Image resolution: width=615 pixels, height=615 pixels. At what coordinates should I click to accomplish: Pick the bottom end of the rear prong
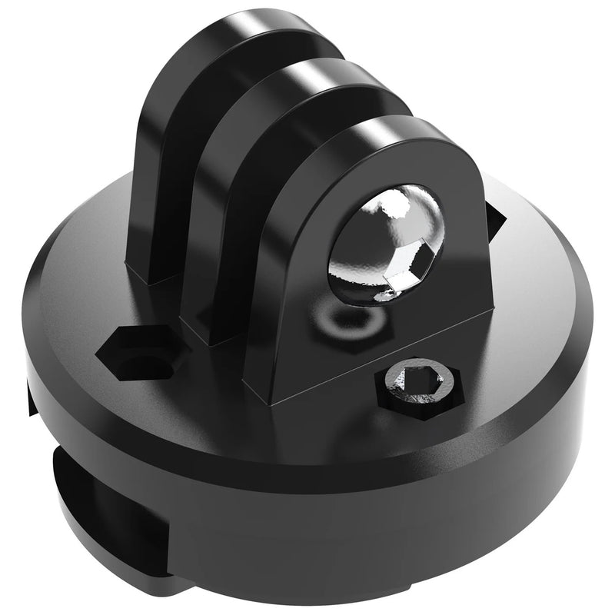point(146,277)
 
